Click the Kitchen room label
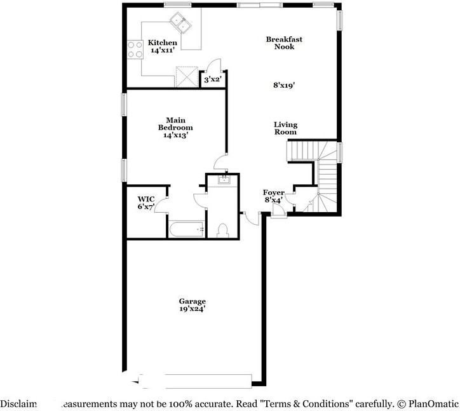click(x=158, y=43)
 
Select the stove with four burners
click(x=135, y=49)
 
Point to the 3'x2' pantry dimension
click(x=211, y=80)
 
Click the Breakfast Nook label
click(x=284, y=43)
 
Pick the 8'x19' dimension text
click(x=283, y=83)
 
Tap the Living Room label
click(x=285, y=128)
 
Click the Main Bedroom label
click(x=175, y=123)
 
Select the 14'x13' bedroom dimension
click(x=175, y=135)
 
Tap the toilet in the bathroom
click(x=222, y=229)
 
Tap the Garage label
click(x=192, y=301)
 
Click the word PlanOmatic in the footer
click(x=433, y=403)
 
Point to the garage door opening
click(x=197, y=381)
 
